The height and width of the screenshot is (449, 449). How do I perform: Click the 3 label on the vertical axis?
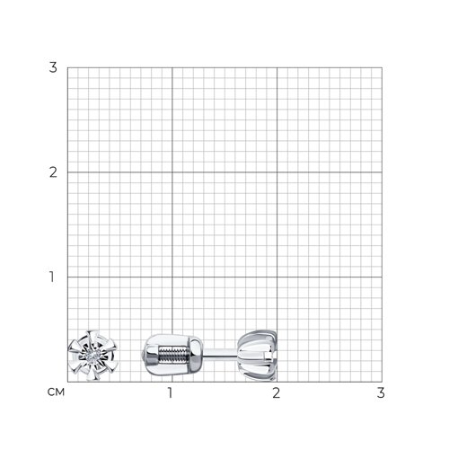point(53,67)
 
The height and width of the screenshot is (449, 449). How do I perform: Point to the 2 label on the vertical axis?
point(53,172)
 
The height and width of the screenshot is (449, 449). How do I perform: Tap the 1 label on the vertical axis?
point(52,277)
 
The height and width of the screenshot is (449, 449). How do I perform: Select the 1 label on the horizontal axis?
point(170,392)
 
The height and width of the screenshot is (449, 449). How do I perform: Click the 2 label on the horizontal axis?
point(276,392)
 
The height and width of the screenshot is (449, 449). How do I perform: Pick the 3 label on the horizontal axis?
point(381,392)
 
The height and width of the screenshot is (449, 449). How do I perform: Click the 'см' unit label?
point(56,392)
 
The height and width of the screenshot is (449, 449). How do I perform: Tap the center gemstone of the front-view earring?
point(92,357)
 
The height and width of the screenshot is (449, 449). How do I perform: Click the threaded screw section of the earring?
point(174,354)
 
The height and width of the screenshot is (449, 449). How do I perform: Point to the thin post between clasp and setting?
point(221,353)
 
